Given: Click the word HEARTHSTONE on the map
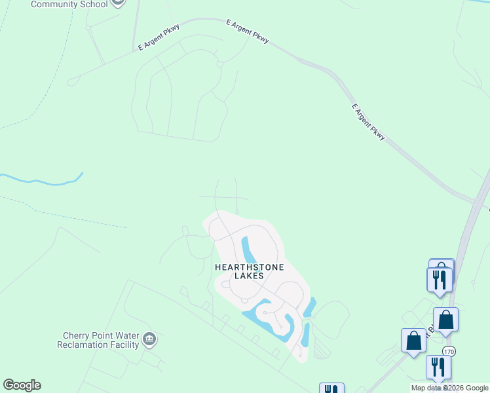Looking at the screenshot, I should pos(240,267).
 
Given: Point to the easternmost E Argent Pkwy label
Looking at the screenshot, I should pos(368,122).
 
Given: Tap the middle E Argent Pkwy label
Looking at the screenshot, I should pos(248,31).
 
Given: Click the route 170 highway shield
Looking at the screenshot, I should pos(448,352).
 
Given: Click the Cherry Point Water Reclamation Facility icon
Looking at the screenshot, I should pos(149,339).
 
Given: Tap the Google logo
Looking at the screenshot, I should pos(22,385).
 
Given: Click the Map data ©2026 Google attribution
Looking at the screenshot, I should pos(449,388).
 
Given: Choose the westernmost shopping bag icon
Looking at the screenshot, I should pos(413,341).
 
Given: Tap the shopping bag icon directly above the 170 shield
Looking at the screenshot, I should pos(445,320).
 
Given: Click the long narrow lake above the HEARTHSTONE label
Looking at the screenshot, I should pos(248,249).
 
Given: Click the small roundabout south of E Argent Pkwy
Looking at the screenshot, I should pos(220,64).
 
